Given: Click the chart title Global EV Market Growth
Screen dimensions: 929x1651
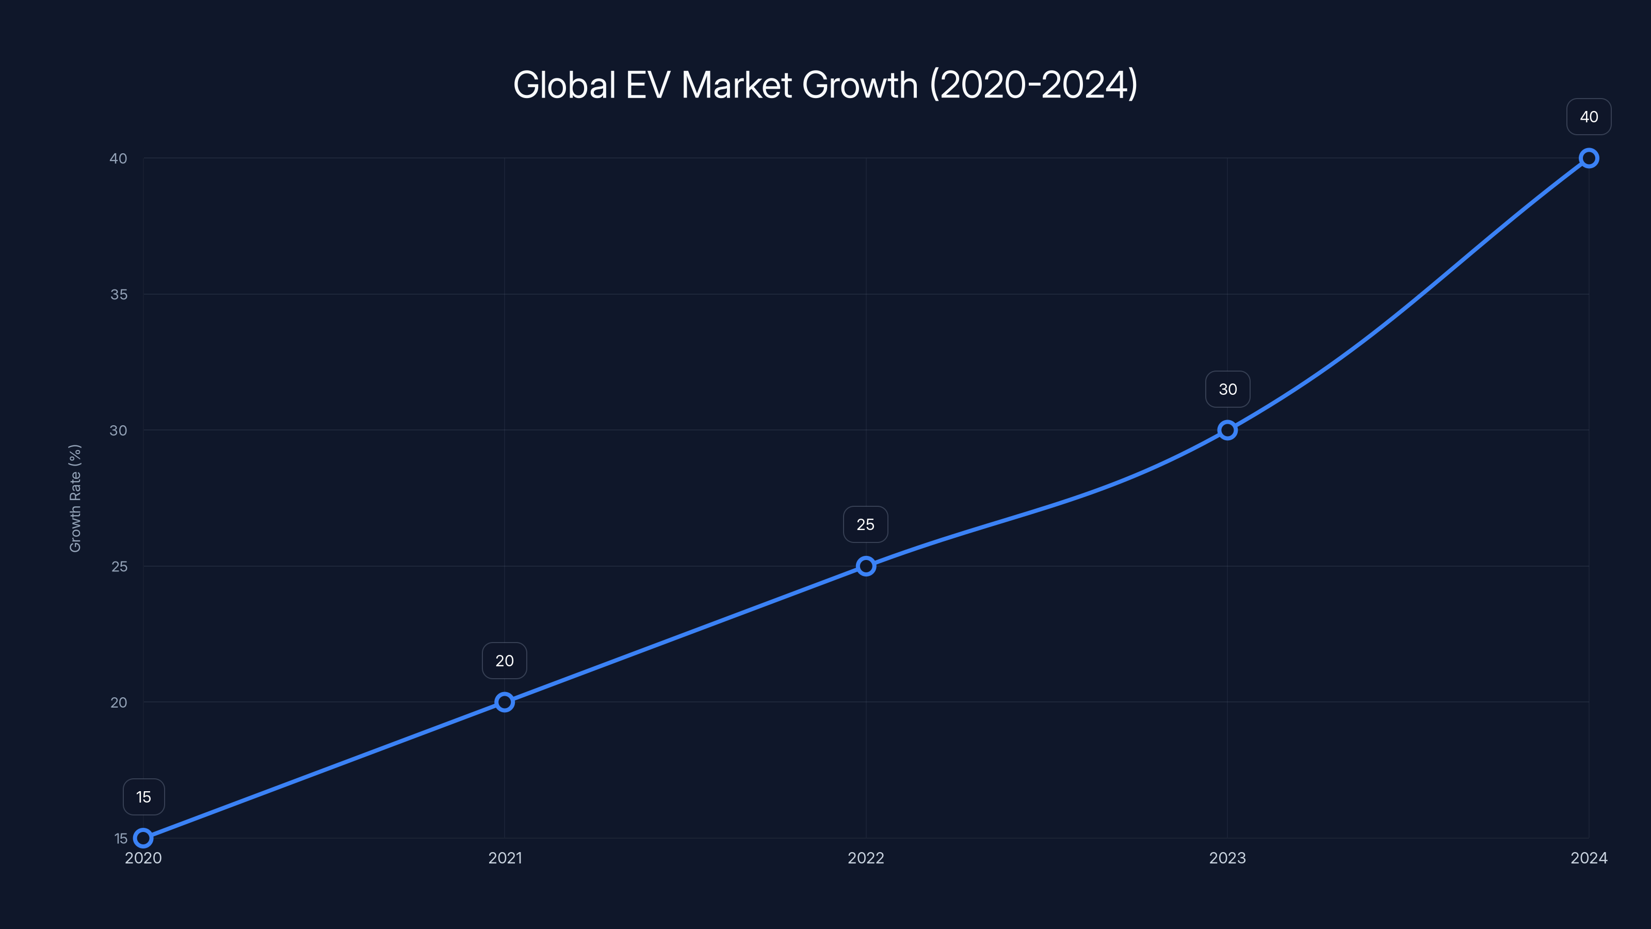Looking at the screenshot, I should click(x=825, y=85).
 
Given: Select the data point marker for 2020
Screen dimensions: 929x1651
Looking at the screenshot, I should click(x=143, y=838).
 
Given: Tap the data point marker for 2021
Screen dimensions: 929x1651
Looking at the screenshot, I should click(x=505, y=702).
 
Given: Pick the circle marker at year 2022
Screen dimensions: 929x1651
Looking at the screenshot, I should click(x=866, y=566).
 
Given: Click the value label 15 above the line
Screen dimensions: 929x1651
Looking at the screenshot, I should click(x=143, y=797).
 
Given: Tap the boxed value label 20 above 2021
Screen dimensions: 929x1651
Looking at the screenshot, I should click(x=505, y=661).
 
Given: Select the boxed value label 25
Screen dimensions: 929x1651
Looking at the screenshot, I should click(x=865, y=524).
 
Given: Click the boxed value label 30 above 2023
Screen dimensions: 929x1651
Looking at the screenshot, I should click(x=1227, y=389).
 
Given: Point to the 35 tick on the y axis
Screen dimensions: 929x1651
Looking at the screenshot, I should click(x=119, y=294).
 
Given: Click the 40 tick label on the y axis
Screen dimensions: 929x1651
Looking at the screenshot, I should click(x=119, y=158).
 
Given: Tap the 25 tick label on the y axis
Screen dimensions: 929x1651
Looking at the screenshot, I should click(x=119, y=566).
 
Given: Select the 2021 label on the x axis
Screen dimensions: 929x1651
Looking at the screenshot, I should click(x=505, y=858).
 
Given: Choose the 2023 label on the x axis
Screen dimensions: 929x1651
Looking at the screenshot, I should click(x=1227, y=858).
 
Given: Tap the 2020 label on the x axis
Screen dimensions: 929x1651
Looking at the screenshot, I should click(x=143, y=858).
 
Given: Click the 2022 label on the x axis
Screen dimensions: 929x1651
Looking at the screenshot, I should click(x=866, y=858).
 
